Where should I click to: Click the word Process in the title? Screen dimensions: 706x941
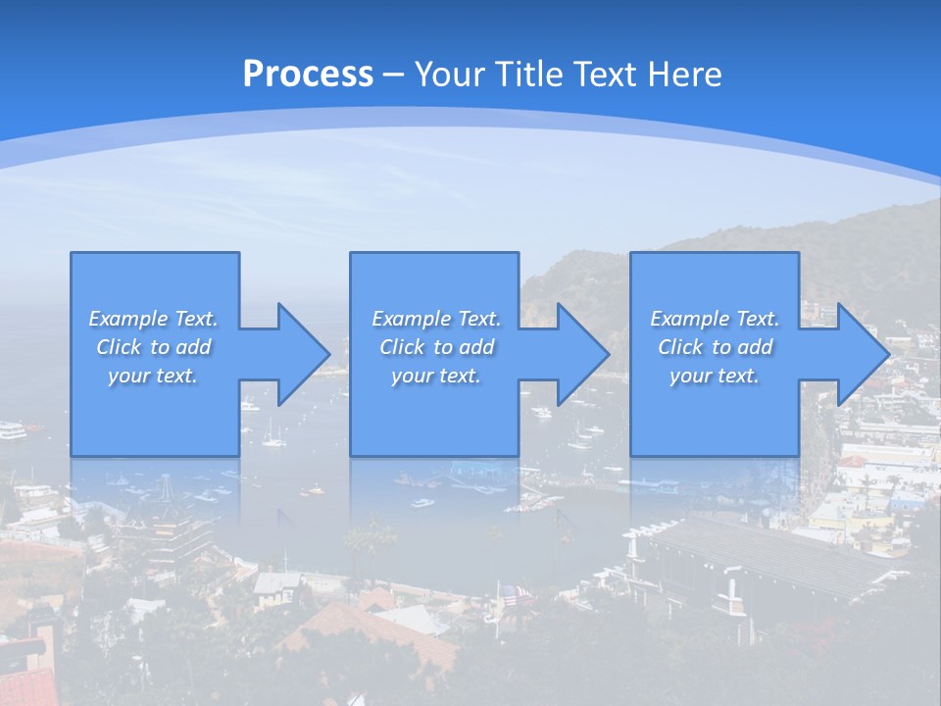click(308, 75)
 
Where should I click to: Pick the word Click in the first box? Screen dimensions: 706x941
click(119, 347)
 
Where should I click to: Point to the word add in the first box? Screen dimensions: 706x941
click(193, 347)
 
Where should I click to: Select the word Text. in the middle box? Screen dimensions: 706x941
click(477, 319)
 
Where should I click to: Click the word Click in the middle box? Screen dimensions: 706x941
click(402, 347)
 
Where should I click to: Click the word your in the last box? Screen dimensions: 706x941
click(691, 376)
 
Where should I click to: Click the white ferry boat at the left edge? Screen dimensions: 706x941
click(12, 429)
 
